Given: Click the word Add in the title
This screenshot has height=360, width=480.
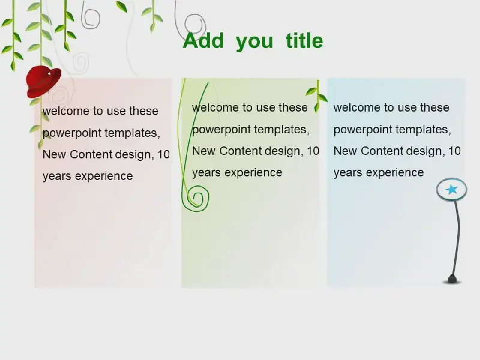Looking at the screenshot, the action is [203, 40].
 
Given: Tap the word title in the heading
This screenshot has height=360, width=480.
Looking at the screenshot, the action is [304, 40].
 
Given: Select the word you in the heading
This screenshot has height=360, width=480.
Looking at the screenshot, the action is [254, 43].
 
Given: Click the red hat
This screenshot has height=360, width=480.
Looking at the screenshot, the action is [43, 81].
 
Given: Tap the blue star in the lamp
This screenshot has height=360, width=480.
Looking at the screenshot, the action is [452, 190].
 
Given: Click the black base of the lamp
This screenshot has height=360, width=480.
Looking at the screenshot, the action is [452, 280].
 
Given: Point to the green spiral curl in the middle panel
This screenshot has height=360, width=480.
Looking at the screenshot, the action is [197, 198].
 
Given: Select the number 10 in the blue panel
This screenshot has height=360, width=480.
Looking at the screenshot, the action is [455, 151].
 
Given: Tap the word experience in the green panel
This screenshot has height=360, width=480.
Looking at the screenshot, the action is [253, 173].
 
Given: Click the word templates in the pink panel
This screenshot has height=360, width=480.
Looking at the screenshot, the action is [132, 133].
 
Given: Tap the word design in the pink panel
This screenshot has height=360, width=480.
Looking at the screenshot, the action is [134, 155].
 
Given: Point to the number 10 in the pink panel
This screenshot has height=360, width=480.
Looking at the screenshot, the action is [164, 155].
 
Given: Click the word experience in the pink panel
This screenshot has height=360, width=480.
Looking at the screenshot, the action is [104, 176].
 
